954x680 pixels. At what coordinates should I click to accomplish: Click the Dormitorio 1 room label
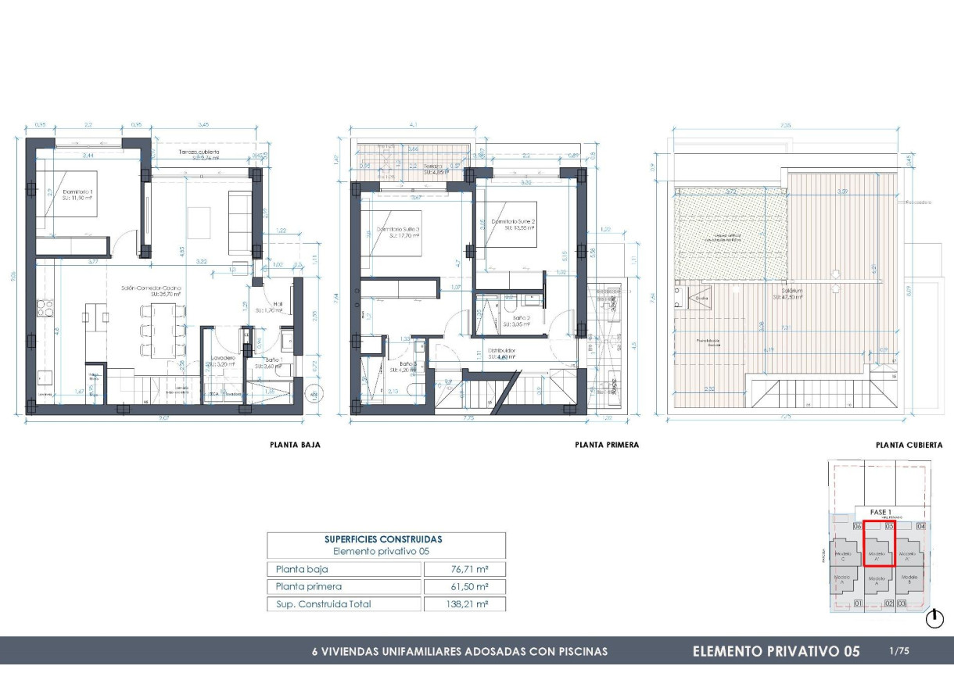click(x=59, y=191)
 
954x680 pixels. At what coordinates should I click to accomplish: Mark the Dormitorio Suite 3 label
click(x=396, y=230)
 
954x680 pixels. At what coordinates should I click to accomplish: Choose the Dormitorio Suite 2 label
click(x=513, y=222)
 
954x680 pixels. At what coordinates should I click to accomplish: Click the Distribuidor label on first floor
click(x=503, y=352)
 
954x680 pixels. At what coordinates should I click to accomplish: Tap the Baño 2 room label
click(x=522, y=319)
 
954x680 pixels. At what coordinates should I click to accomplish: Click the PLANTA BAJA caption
click(x=295, y=445)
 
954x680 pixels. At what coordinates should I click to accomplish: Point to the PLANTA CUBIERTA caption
click(x=906, y=445)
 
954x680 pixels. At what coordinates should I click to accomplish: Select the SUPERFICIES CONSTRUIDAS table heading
click(x=383, y=539)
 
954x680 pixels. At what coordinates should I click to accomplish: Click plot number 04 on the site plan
click(x=920, y=526)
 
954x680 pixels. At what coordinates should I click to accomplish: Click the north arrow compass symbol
click(x=934, y=620)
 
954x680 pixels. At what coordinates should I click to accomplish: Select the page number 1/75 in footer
click(x=899, y=650)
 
